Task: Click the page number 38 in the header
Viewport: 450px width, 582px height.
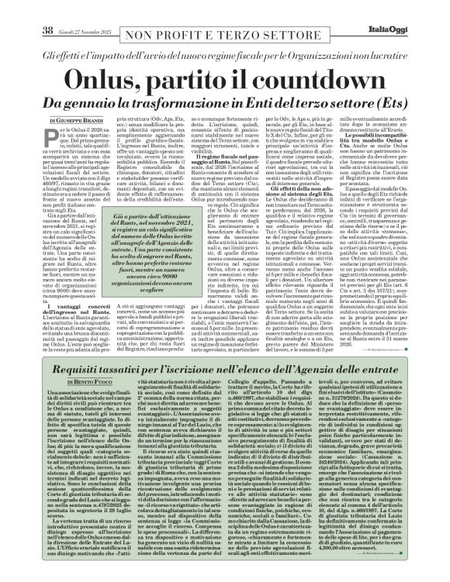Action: tap(24, 9)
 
